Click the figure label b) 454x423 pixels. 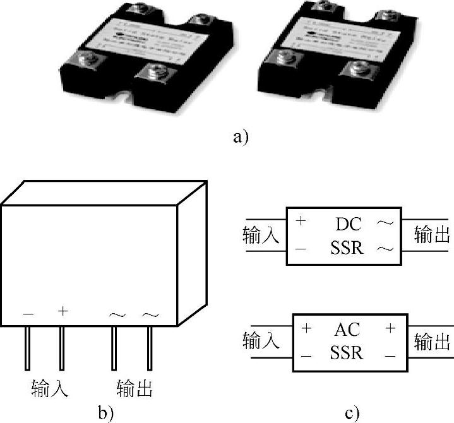105,414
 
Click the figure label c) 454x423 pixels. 352,414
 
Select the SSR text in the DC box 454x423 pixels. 347,248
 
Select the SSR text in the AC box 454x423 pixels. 347,353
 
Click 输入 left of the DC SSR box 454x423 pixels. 261,235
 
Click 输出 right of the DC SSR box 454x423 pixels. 433,235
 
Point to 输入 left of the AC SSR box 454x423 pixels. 261,342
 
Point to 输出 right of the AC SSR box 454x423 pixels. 433,342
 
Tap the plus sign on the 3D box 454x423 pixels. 62,311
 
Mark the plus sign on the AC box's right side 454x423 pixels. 390,329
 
